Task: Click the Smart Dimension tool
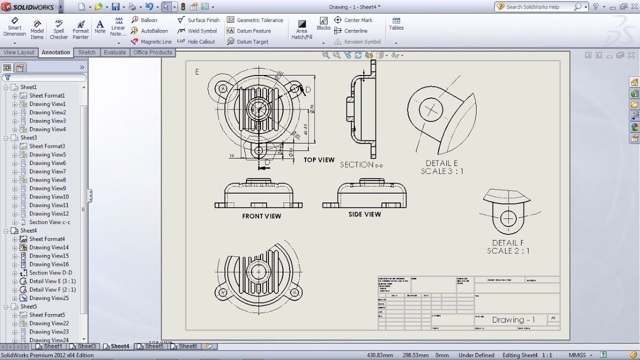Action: pyautogui.click(x=14, y=27)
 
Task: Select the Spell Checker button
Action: pyautogui.click(x=59, y=29)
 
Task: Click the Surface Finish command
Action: pyautogui.click(x=199, y=20)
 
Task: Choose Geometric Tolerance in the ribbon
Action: pyautogui.click(x=255, y=20)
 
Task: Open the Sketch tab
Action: pyautogui.click(x=86, y=52)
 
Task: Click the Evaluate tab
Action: pyautogui.click(x=114, y=52)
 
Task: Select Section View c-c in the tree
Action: pyautogui.click(x=49, y=222)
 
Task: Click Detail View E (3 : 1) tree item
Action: pyautogui.click(x=52, y=281)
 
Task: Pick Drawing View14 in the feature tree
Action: pyautogui.click(x=48, y=247)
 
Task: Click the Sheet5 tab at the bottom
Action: pyautogui.click(x=154, y=346)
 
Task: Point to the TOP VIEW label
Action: pyautogui.click(x=319, y=160)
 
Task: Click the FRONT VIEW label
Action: pyautogui.click(x=261, y=216)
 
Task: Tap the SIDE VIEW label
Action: pyautogui.click(x=364, y=214)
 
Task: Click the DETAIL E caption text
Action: pyautogui.click(x=441, y=163)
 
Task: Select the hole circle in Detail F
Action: pyautogui.click(x=508, y=218)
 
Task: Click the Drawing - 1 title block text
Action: pyautogui.click(x=513, y=320)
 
